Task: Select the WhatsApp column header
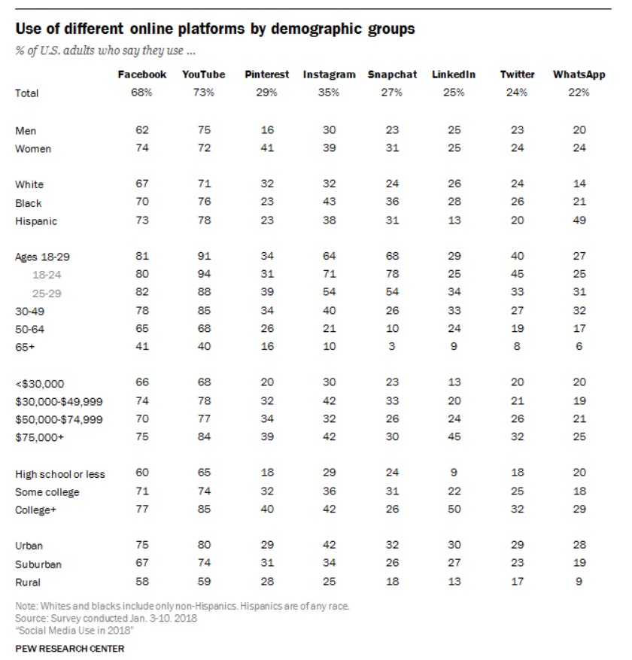[579, 75]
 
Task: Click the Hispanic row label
[36, 221]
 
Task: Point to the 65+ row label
[26, 346]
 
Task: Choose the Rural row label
[28, 582]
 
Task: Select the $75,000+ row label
[39, 437]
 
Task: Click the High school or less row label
[60, 474]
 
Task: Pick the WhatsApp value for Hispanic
[579, 221]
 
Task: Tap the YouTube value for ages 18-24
[203, 275]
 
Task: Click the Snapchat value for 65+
[392, 346]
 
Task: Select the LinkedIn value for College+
[454, 510]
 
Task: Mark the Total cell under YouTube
[203, 93]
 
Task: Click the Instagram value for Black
[329, 202]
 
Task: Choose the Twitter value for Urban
[517, 546]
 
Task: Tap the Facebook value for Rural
[141, 582]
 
